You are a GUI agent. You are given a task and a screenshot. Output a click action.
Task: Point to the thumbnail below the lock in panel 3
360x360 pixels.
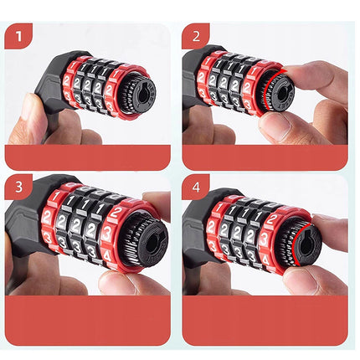(x=117, y=280)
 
